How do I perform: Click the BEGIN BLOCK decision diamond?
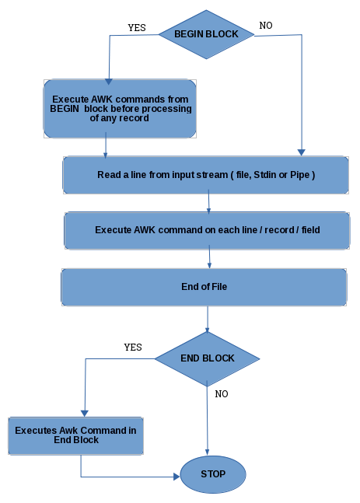click(x=206, y=34)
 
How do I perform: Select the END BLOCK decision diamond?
click(x=208, y=358)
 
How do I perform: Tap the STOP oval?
click(x=213, y=474)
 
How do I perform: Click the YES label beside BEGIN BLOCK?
click(x=137, y=28)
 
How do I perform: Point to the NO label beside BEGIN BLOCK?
click(x=266, y=26)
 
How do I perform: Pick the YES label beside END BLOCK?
click(x=133, y=347)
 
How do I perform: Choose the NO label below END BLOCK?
click(x=222, y=394)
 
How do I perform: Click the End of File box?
click(x=204, y=287)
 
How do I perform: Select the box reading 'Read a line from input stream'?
click(x=206, y=175)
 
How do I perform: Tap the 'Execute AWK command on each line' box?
click(x=207, y=230)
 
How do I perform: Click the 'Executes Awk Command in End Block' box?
click(x=75, y=435)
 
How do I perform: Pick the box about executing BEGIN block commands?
click(x=120, y=109)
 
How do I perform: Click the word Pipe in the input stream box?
click(x=299, y=175)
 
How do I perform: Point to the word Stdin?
click(x=264, y=175)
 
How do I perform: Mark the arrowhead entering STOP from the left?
click(x=177, y=477)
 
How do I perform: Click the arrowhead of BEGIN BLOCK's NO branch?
click(x=301, y=152)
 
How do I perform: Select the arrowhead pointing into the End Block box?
click(x=85, y=414)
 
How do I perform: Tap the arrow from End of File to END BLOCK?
click(x=208, y=319)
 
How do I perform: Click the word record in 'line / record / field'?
click(x=279, y=230)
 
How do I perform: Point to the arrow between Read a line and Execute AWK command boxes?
click(x=209, y=201)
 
